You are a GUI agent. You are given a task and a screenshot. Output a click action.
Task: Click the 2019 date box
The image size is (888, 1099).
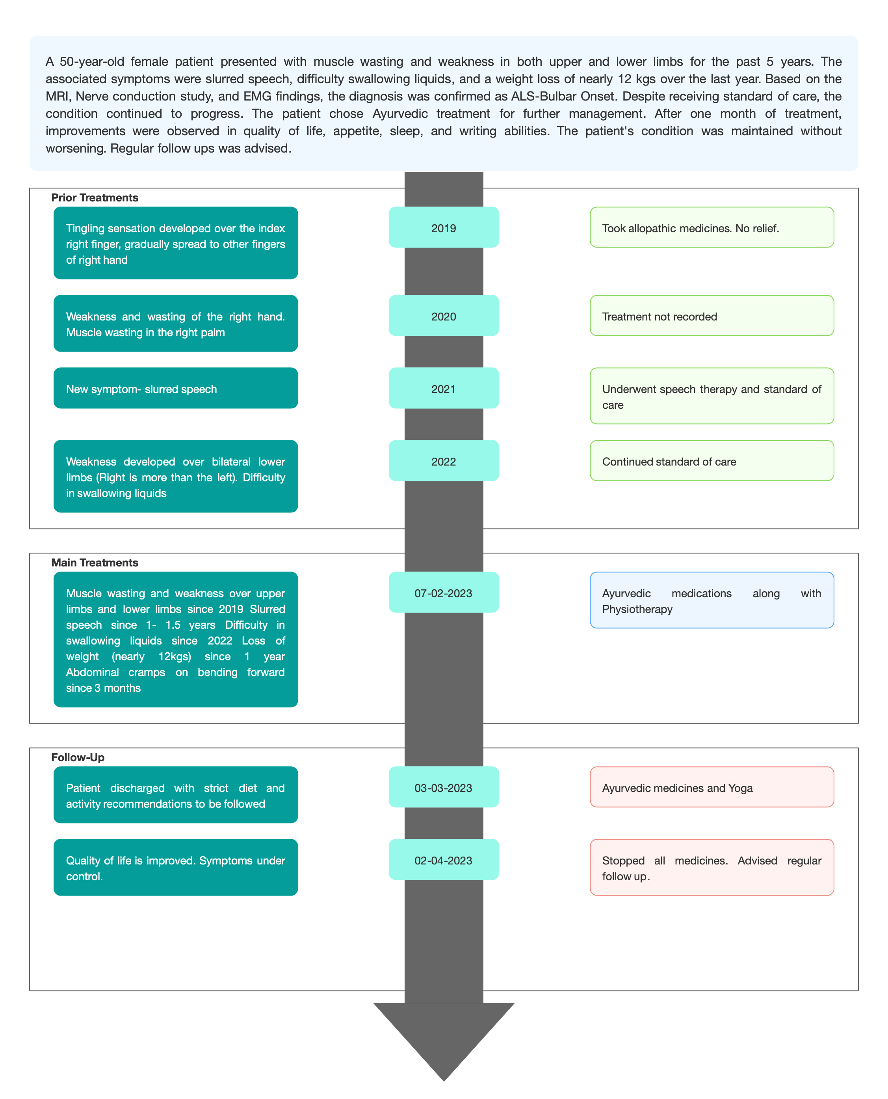444,227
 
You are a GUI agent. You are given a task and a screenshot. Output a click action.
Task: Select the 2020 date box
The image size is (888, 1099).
444,315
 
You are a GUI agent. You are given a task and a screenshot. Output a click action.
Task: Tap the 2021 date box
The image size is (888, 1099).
444,388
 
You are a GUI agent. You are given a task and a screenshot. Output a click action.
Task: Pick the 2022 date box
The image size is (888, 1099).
444,461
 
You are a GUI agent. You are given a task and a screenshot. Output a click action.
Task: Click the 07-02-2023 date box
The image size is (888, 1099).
444,592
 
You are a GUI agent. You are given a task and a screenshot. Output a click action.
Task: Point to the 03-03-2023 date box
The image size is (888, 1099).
444,787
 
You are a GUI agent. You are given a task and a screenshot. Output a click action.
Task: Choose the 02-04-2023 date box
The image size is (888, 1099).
444,859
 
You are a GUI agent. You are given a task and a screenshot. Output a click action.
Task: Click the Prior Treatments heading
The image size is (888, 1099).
95,197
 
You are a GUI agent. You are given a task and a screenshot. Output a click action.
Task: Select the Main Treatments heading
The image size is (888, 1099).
95,563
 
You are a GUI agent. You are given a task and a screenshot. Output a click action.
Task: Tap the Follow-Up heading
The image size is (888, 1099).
78,757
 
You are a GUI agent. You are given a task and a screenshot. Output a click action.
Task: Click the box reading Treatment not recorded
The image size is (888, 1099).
712,315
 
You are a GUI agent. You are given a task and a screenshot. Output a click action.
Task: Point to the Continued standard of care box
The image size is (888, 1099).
712,461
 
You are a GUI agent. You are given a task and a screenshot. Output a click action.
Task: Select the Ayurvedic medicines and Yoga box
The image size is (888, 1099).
712,787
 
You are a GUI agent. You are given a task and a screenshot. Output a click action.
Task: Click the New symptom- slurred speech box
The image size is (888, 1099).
175,388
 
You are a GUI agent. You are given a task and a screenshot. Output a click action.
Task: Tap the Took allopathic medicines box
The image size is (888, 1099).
712,227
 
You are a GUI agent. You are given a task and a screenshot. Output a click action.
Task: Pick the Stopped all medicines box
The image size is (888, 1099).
712,867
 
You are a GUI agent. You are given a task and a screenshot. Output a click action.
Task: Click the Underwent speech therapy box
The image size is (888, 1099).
712,396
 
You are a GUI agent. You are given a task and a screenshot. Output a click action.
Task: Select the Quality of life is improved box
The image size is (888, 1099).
175,867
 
